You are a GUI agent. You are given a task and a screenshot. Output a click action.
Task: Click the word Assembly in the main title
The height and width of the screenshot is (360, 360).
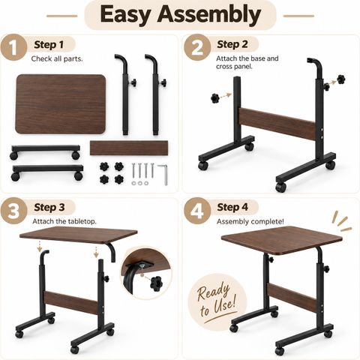coord(209,15)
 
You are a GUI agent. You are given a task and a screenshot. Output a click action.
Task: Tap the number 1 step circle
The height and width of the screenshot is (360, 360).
coord(13,47)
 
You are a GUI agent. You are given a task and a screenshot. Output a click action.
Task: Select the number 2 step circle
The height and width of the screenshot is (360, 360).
coord(197,47)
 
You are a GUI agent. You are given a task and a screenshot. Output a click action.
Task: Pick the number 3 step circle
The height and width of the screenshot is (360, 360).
coord(13,211)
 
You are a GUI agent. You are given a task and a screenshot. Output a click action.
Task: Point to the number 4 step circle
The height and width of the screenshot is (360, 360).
coord(197,211)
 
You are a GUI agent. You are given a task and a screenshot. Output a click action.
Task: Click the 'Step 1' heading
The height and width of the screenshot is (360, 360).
coord(49,45)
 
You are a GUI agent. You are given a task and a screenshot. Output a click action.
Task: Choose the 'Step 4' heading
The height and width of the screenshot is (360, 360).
coord(232,207)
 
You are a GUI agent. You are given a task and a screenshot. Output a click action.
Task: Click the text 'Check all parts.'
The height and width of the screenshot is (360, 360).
coord(57,59)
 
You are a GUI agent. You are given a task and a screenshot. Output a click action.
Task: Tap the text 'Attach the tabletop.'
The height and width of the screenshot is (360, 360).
coord(64,221)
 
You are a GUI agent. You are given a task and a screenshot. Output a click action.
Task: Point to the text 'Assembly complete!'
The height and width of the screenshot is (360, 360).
coord(250,221)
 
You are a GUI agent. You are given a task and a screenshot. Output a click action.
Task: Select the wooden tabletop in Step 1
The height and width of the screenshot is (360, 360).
coord(61,103)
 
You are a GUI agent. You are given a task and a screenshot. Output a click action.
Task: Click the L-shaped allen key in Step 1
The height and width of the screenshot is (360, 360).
coord(163,175)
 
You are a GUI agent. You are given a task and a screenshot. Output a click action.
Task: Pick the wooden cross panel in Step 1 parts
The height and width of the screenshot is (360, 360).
coord(129,148)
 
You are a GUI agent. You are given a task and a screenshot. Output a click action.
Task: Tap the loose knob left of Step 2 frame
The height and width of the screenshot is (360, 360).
coord(215,98)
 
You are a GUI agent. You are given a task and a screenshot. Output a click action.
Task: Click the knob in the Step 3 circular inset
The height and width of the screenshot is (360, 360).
coord(156,283)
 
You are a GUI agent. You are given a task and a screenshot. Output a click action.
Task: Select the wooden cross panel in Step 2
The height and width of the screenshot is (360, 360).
coord(277,124)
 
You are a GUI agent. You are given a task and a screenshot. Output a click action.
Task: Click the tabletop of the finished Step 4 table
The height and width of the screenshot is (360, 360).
coord(282,239)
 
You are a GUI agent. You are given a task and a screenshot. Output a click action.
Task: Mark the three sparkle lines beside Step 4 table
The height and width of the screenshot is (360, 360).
coord(341,222)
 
